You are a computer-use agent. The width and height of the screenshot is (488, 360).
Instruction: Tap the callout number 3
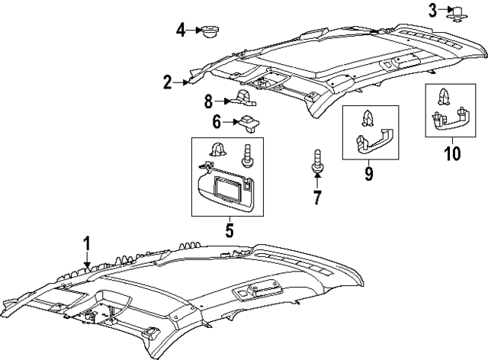(432, 10)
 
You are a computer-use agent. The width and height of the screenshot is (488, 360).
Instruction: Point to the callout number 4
(181, 31)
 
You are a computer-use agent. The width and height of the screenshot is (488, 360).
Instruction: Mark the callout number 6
(217, 121)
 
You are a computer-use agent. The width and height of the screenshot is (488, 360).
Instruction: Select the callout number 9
(368, 175)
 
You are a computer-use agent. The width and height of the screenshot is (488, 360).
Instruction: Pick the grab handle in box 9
(374, 142)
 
